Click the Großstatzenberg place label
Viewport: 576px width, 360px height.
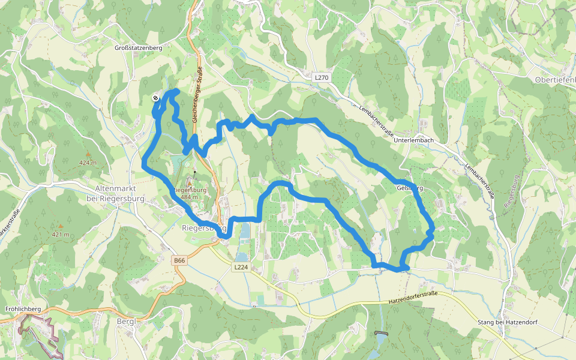139,47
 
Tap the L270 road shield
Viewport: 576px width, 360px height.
322,77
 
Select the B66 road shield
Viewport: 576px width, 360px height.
179,260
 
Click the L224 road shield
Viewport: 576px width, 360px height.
241,267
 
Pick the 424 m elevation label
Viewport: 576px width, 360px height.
88,163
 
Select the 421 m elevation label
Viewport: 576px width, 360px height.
61,234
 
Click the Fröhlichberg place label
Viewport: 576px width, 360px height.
22,309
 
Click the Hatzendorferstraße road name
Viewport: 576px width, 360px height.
413,297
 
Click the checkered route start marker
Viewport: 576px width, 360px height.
155,98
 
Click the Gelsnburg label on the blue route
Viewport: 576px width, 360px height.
410,188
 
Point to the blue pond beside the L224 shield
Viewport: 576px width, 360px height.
245,232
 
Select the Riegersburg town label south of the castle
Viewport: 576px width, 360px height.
204,228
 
